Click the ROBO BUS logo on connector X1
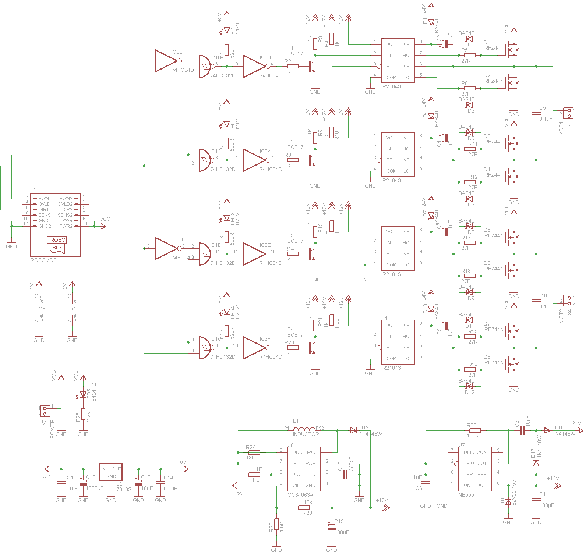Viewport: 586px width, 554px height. [x=57, y=244]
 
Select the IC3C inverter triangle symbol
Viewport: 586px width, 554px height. [x=166, y=61]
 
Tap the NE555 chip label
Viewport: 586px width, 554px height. [x=466, y=495]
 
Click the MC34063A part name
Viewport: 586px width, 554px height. [x=300, y=495]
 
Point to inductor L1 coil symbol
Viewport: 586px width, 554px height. [x=304, y=429]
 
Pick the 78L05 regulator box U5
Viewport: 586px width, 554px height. [x=111, y=472]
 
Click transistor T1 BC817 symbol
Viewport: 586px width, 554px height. [x=312, y=67]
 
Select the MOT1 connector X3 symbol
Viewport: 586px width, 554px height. [x=568, y=113]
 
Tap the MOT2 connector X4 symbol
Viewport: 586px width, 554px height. [x=568, y=301]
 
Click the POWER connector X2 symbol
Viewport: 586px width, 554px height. [x=45, y=411]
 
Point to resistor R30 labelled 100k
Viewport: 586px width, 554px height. [x=475, y=430]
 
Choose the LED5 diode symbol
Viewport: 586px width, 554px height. [x=83, y=395]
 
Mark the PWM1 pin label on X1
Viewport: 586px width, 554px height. [x=45, y=199]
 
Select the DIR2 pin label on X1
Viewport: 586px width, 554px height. [x=67, y=210]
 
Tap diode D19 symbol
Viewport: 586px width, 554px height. [x=354, y=430]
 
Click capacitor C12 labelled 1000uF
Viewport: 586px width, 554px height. [x=83, y=482]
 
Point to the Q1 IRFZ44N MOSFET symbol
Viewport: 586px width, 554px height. [x=512, y=50]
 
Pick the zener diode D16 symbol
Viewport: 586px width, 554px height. [x=508, y=502]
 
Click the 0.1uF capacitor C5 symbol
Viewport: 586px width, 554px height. [x=536, y=113]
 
